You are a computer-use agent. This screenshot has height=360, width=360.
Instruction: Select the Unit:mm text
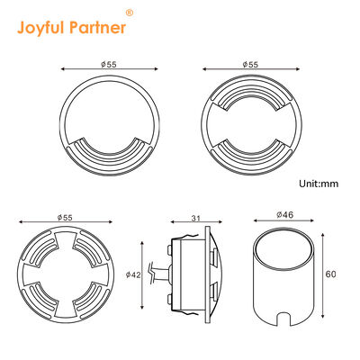click(317, 183)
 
